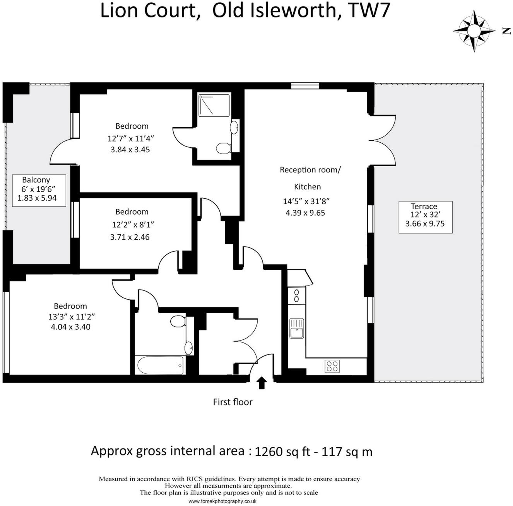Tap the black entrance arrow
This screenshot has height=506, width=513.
(x=262, y=383)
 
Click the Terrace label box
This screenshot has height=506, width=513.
(x=425, y=217)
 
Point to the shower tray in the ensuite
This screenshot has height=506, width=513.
(x=214, y=104)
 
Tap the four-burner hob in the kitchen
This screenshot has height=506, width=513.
(x=332, y=366)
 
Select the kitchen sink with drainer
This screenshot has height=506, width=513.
(x=297, y=328)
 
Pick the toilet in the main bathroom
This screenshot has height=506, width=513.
(x=178, y=321)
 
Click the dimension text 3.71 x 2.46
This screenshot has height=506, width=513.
(x=130, y=237)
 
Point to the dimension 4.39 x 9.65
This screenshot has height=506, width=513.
(x=305, y=213)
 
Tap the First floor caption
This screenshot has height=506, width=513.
(x=233, y=402)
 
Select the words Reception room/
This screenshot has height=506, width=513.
(x=310, y=170)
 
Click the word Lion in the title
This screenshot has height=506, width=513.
(x=118, y=10)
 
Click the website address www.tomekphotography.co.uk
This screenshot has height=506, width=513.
(x=222, y=501)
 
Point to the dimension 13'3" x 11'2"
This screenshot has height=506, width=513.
(x=72, y=317)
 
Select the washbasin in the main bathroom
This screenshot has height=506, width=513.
(x=189, y=348)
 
